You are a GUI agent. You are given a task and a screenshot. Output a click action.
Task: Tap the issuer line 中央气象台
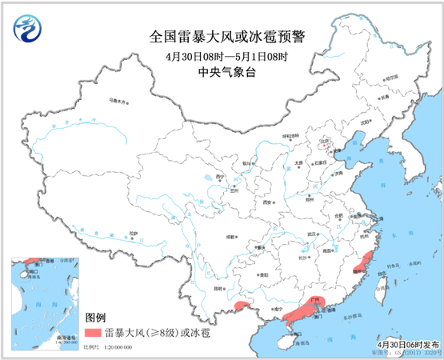click(222, 70)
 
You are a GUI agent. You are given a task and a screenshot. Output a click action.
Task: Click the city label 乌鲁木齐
click(118, 102)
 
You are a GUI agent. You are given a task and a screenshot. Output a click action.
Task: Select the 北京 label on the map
click(324, 142)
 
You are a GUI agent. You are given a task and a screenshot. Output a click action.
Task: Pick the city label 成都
click(231, 237)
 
